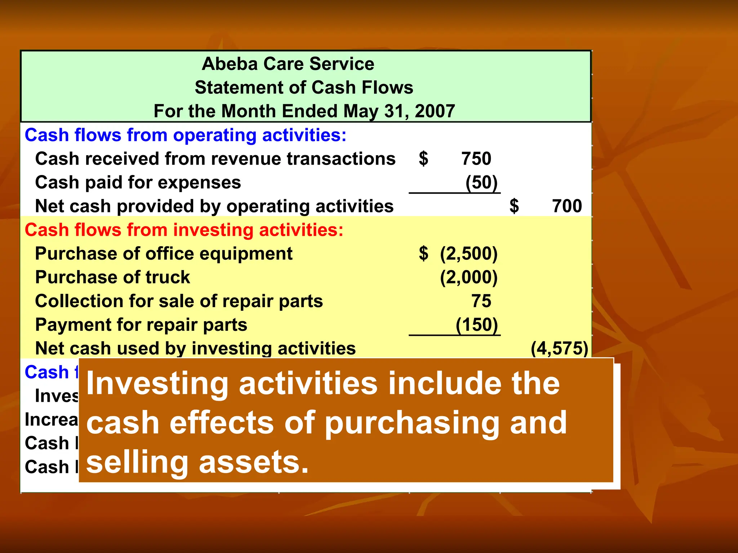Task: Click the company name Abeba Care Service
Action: click(x=288, y=64)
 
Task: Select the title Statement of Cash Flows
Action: click(x=304, y=88)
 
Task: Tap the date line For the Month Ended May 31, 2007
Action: click(x=304, y=111)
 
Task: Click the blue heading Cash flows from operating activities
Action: click(x=185, y=135)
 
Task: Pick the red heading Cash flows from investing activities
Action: click(x=184, y=230)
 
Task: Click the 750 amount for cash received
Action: click(x=476, y=159)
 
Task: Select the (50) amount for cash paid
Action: click(x=481, y=183)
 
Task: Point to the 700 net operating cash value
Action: click(x=567, y=206)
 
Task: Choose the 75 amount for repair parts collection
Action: click(x=481, y=301)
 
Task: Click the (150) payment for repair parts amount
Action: click(x=476, y=325)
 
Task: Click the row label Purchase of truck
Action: click(x=112, y=278)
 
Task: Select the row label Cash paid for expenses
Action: click(x=138, y=183)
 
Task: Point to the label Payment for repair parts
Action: click(x=141, y=325)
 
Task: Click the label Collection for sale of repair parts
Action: click(x=179, y=301)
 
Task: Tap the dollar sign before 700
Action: click(x=514, y=206)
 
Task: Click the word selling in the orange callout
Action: click(x=137, y=463)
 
